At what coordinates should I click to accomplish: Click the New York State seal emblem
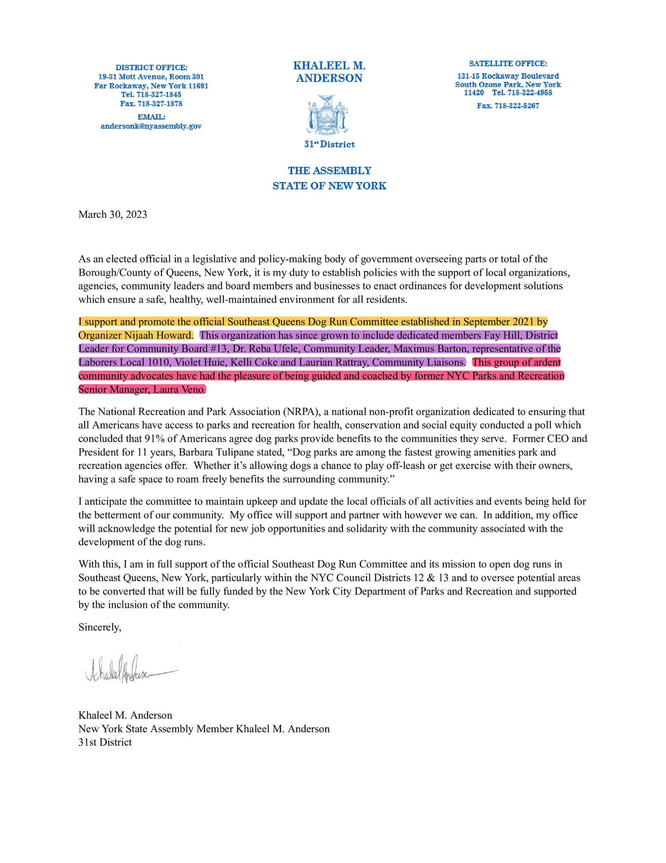click(x=329, y=113)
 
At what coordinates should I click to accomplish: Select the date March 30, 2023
click(x=112, y=214)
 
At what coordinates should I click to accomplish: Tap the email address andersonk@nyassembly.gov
click(x=151, y=126)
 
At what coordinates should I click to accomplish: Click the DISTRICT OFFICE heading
click(x=151, y=68)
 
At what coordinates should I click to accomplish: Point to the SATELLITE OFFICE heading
click(x=508, y=63)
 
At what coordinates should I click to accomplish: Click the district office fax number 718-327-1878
click(x=151, y=104)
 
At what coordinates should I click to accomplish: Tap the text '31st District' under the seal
click(x=329, y=145)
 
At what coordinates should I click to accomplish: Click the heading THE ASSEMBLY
click(x=329, y=170)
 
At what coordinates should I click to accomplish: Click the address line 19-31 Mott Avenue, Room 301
click(x=151, y=76)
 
